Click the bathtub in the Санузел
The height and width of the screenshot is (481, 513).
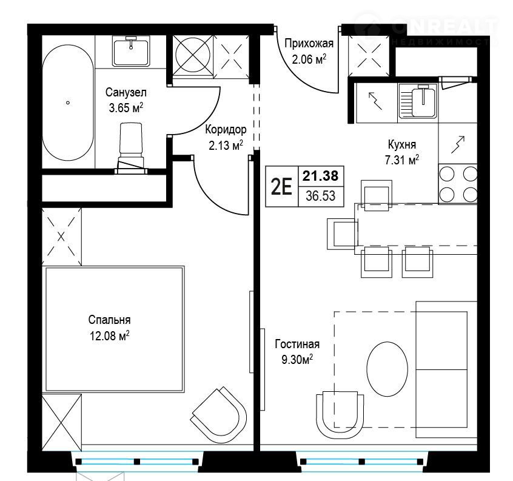68,103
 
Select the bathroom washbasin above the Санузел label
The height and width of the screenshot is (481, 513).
131,52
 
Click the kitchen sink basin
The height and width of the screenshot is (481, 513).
424,101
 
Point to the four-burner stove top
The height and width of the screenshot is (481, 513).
458,184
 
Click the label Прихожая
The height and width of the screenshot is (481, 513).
309,43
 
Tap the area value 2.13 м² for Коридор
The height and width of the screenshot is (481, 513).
226,146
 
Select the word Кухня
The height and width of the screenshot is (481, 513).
402,144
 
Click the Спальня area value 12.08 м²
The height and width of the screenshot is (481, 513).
110,335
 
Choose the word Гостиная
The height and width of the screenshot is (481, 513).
297,345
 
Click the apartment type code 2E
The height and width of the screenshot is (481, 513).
282,187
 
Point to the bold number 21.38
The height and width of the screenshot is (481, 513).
320,176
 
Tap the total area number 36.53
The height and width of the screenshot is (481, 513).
321,196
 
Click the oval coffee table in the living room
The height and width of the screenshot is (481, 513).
387,369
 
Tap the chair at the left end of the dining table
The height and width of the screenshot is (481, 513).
342,234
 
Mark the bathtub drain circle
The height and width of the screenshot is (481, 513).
68,103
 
